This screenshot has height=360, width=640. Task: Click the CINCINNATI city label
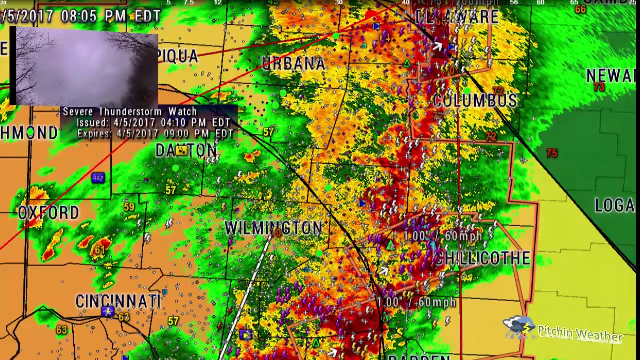(119, 302)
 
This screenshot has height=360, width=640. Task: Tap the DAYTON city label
(186, 150)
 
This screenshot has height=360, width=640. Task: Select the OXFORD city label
(48, 213)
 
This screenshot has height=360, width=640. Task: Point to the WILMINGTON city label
(274, 228)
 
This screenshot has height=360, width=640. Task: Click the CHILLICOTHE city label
(482, 258)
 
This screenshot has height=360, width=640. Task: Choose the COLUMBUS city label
(476, 100)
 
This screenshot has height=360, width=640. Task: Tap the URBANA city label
(294, 63)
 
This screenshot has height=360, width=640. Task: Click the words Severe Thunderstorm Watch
(130, 112)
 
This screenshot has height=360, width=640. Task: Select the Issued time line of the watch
(153, 123)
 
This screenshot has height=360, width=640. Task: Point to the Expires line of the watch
(155, 134)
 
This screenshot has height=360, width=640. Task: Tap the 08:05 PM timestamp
(93, 16)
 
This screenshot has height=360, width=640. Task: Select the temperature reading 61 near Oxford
(100, 250)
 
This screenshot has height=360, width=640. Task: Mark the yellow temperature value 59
(129, 207)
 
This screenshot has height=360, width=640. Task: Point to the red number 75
(551, 153)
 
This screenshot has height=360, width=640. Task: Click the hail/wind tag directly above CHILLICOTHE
(443, 236)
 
